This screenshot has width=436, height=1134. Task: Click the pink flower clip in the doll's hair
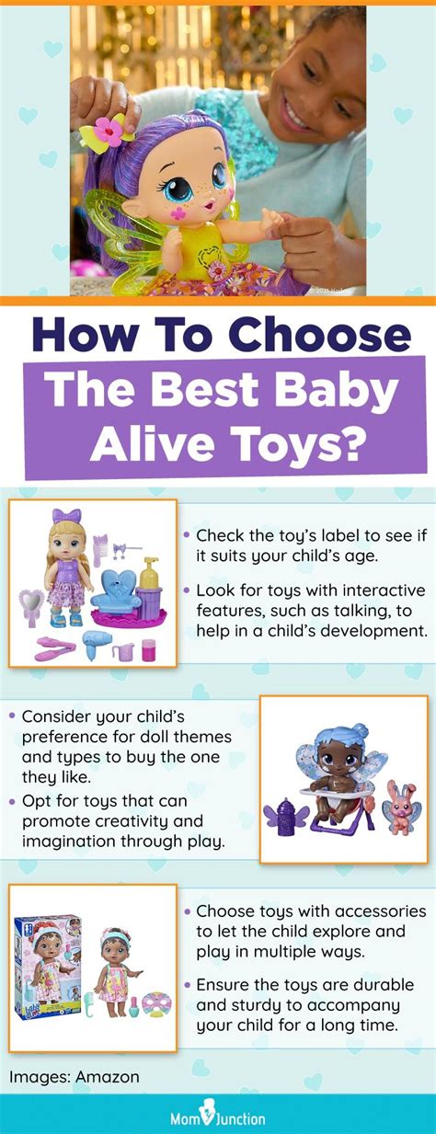coord(107,132)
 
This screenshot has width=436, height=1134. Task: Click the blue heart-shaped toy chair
coord(116,590)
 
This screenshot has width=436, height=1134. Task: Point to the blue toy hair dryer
coord(96,644)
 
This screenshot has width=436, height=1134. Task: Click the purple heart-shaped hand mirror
coord(31,605)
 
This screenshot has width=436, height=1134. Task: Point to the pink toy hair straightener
coord(55,648)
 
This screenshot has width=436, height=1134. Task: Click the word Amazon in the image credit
coord(108,1077)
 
